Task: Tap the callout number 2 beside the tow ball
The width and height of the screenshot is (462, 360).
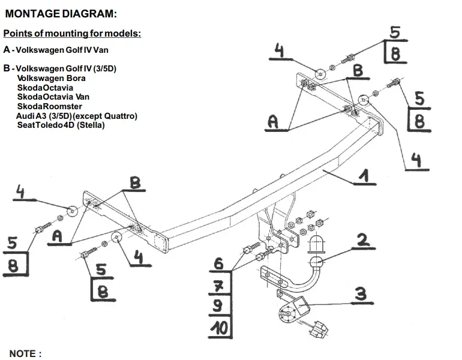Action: [x=363, y=239]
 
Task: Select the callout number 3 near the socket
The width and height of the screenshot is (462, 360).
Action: [x=361, y=294]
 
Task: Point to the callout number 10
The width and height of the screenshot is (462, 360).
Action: [x=219, y=327]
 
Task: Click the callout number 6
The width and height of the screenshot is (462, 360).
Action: [x=218, y=263]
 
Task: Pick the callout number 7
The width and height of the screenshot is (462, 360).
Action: [x=218, y=285]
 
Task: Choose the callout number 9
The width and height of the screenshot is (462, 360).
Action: [x=217, y=305]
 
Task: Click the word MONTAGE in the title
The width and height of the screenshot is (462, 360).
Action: [x=33, y=14]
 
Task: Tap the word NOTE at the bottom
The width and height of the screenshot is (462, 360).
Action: [x=22, y=353]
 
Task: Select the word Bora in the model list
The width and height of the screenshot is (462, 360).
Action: [x=76, y=79]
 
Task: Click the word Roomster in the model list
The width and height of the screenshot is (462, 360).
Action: [x=62, y=106]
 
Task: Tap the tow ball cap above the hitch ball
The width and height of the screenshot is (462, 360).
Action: [x=316, y=244]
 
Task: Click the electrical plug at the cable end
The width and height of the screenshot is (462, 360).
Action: [x=319, y=329]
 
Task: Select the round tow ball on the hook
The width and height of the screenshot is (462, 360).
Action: [x=317, y=262]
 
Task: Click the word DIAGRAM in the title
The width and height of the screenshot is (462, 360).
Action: [x=89, y=14]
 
